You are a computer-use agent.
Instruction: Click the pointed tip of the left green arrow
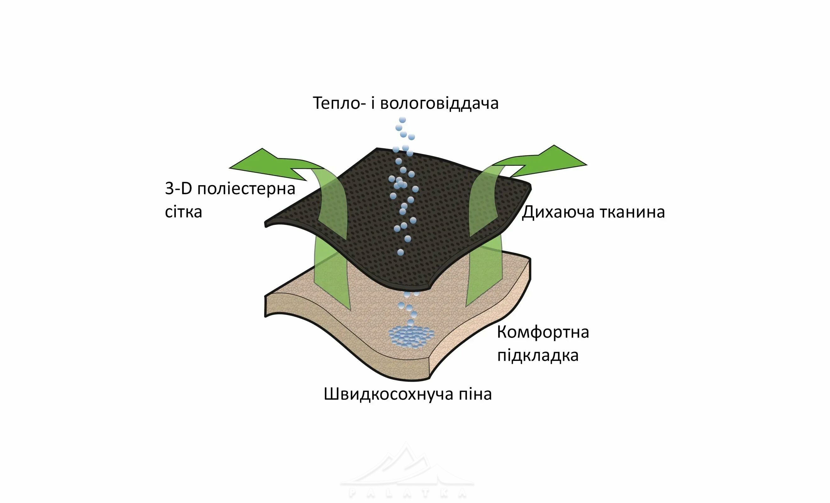(230, 168)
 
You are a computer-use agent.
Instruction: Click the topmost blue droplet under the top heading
(402, 120)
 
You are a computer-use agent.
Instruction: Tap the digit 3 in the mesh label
(169, 189)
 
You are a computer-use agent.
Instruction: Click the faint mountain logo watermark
(407, 472)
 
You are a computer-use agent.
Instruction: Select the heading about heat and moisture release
(406, 103)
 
